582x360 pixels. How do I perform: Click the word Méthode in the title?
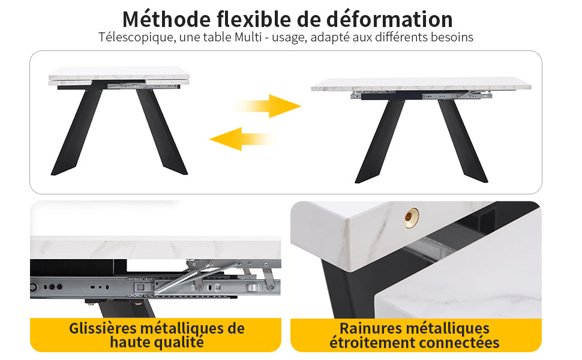coord(166,19)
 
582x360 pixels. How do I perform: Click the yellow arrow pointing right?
coord(267,106)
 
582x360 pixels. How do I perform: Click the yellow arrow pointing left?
coord(243,139)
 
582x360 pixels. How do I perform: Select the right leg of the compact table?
coord(161,131)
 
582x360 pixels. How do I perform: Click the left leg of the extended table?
coord(380,141)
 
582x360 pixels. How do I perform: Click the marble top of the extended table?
coord(421,84)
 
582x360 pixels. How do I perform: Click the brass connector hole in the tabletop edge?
coord(411,217)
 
